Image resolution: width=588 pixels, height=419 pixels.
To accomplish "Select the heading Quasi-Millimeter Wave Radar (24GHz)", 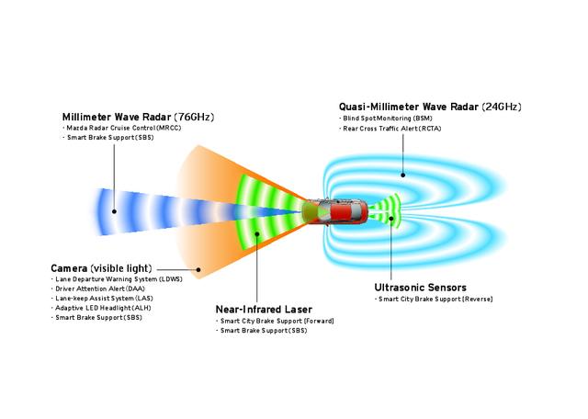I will tap(431, 107).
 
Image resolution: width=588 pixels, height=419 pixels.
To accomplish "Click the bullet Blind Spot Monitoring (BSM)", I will tap(386, 119).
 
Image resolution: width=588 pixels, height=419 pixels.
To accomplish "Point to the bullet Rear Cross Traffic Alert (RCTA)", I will tap(390, 128).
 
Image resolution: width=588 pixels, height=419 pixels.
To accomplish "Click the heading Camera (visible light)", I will tap(107, 267).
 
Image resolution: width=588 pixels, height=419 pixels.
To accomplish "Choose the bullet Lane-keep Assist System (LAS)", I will tap(99, 299).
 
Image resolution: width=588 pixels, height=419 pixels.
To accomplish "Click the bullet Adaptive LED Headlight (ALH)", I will tap(100, 308).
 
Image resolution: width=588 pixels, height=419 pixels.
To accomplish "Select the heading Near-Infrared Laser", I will tap(263, 309).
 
